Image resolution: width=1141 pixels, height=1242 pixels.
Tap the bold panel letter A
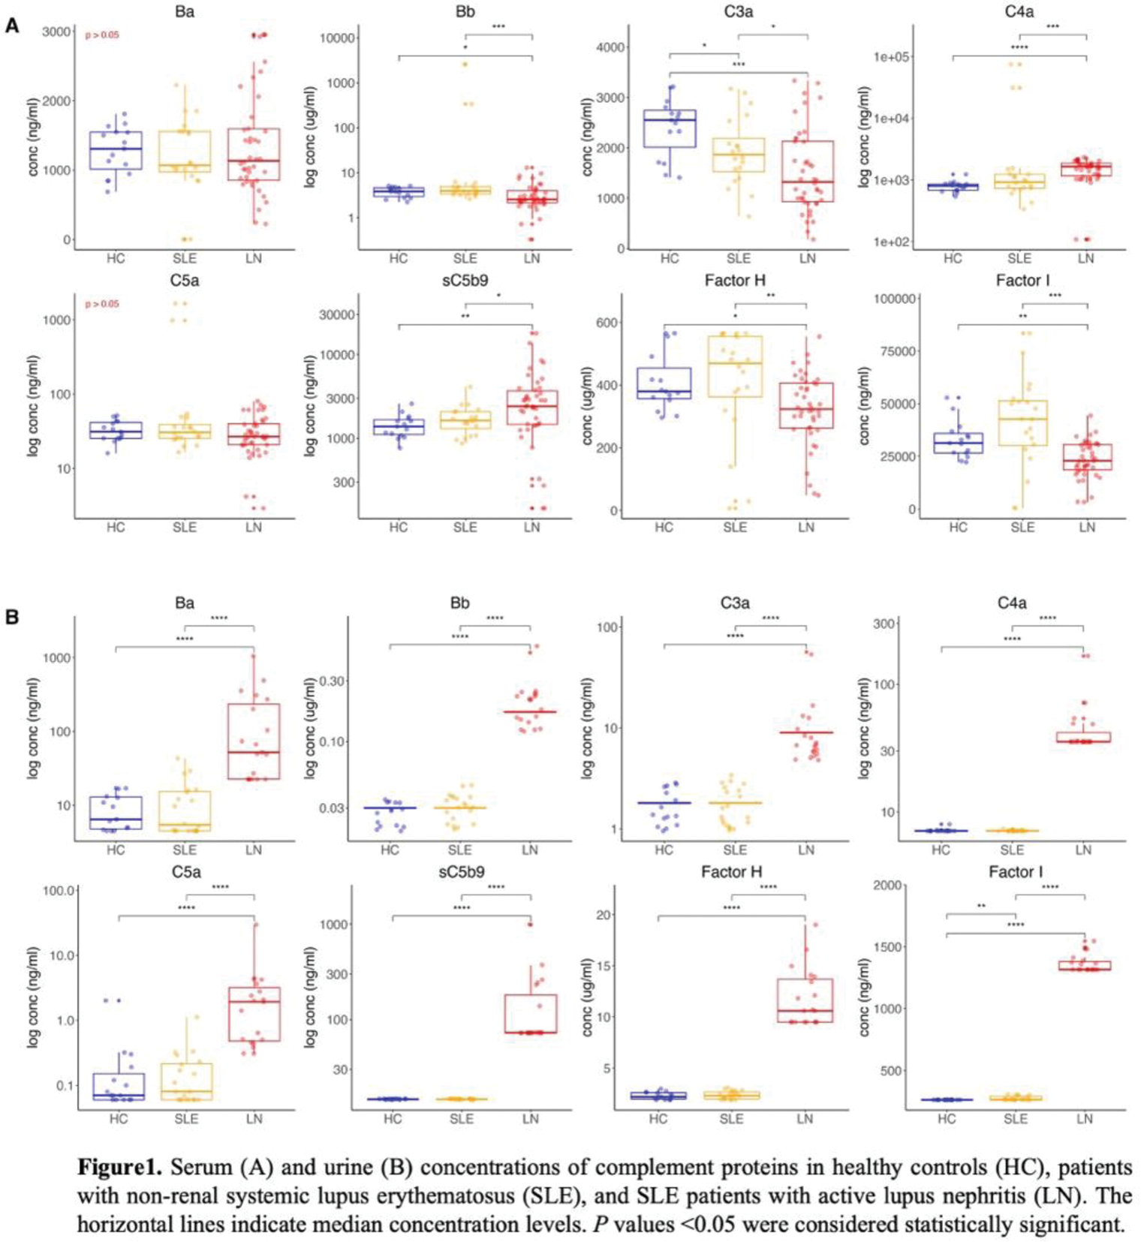(x=12, y=26)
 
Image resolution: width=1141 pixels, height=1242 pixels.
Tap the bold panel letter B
(x=12, y=617)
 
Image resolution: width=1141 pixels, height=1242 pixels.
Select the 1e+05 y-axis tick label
(x=893, y=57)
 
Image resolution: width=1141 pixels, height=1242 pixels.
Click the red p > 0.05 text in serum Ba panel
(x=101, y=35)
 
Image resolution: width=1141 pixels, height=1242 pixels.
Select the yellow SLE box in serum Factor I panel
(x=1022, y=423)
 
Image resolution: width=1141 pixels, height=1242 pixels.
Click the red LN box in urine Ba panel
(x=254, y=741)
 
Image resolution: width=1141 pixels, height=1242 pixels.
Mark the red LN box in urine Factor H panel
(x=805, y=1000)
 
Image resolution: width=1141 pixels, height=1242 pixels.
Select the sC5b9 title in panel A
(x=465, y=281)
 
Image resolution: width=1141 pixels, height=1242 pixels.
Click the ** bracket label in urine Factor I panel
(x=981, y=907)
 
